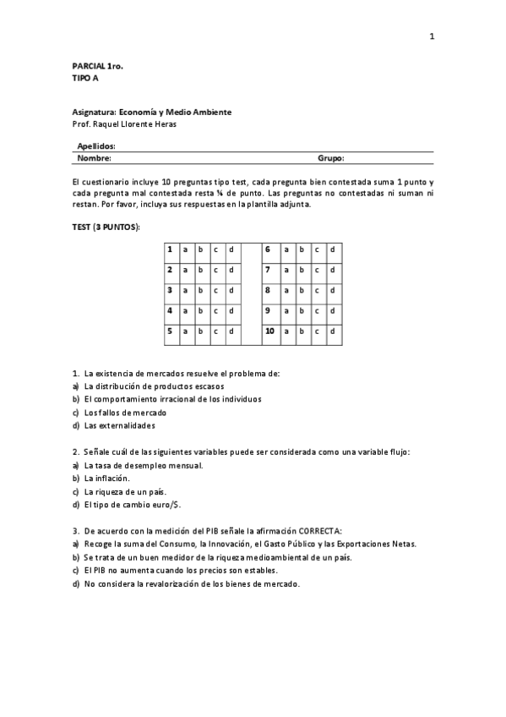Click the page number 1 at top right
pyautogui.click(x=432, y=36)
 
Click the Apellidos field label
pyautogui.click(x=96, y=145)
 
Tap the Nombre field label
pyautogui.click(x=94, y=157)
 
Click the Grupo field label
pyautogui.click(x=330, y=157)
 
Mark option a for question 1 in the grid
pyautogui.click(x=185, y=249)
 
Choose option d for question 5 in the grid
pyautogui.click(x=231, y=331)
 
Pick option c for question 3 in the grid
pyautogui.click(x=215, y=290)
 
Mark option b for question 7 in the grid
pyautogui.click(x=300, y=270)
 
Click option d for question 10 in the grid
pyautogui.click(x=332, y=331)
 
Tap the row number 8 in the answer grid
pyautogui.click(x=267, y=290)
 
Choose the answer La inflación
pyautogui.click(x=106, y=478)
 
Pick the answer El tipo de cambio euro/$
pyautogui.click(x=132, y=505)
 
